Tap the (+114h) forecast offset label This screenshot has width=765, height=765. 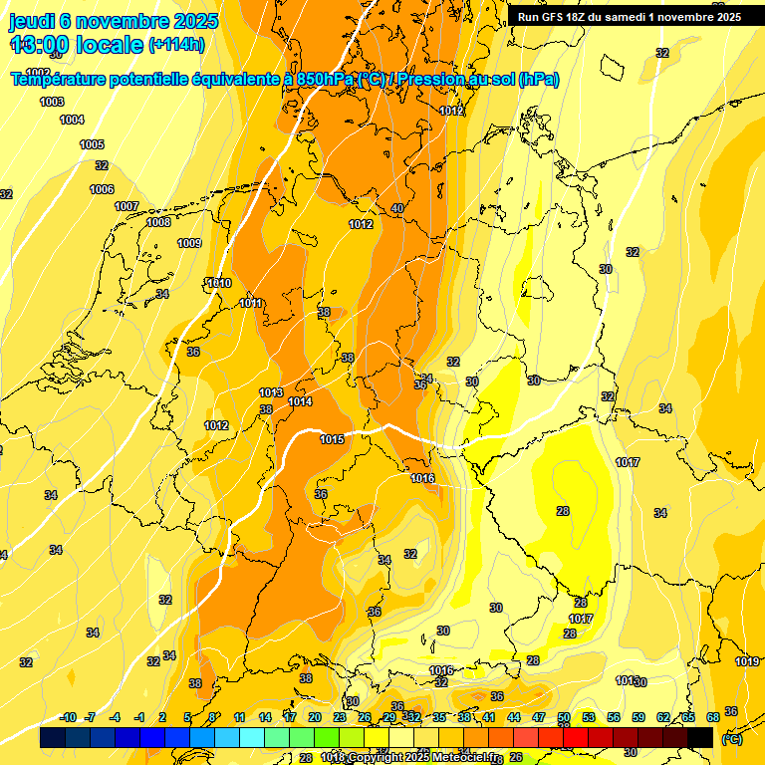[x=176, y=45]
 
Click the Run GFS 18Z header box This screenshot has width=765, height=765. [x=629, y=17]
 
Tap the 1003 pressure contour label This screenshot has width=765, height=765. [x=52, y=103]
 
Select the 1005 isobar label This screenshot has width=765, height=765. [x=92, y=145]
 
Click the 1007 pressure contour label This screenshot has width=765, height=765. [x=127, y=207]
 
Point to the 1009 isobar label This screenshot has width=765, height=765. [x=189, y=244]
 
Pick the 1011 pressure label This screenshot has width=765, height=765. [x=251, y=304]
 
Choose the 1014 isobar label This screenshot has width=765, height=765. [x=300, y=402]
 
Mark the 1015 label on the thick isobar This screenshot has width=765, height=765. [x=333, y=440]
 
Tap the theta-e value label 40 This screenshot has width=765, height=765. [x=397, y=208]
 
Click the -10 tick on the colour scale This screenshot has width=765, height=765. [x=69, y=717]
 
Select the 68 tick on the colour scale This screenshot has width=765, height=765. [x=713, y=717]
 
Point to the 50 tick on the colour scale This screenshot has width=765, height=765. [x=564, y=717]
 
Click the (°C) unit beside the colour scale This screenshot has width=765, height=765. [x=732, y=738]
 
